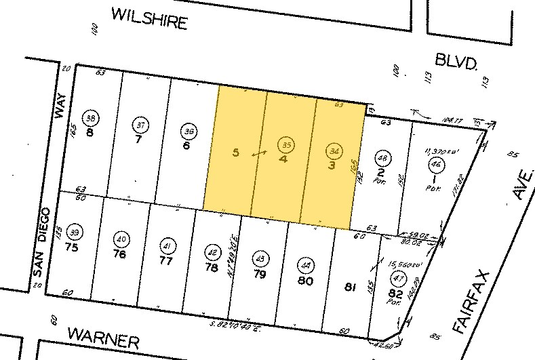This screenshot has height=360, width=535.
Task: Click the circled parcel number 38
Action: tap(90, 117)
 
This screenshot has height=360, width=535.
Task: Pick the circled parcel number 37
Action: tap(140, 125)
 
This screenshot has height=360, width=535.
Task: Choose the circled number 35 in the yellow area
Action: tap(286, 144)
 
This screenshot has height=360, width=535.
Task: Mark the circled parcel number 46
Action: tap(434, 164)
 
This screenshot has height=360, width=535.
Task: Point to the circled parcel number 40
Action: tap(122, 239)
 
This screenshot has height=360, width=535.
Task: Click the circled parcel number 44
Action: tap(306, 265)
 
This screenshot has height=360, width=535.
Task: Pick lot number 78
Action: tap(213, 267)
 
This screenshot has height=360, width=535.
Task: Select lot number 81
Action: tap(351, 287)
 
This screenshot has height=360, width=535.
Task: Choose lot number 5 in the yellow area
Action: tap(235, 153)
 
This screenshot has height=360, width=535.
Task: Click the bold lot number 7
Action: tap(138, 140)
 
